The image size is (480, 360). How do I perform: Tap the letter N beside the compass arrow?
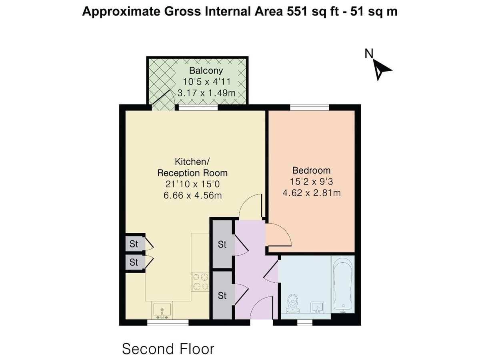click(x=368, y=54)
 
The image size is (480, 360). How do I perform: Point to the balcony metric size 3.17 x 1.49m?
click(x=206, y=93)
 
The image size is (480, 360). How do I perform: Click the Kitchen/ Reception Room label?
click(x=192, y=167)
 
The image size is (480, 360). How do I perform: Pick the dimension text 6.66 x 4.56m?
click(x=192, y=196)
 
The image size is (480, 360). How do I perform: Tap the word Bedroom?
click(x=311, y=170)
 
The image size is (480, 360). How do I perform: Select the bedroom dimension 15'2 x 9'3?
click(x=311, y=181)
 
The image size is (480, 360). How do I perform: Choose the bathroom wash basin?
click(x=318, y=308)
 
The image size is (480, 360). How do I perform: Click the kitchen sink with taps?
click(x=162, y=310)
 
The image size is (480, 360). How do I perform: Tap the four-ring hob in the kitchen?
click(x=200, y=281)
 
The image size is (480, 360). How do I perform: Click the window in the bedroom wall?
click(x=309, y=107)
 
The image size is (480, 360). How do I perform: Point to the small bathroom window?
click(x=305, y=322)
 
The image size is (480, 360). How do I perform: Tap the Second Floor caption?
click(x=168, y=348)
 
